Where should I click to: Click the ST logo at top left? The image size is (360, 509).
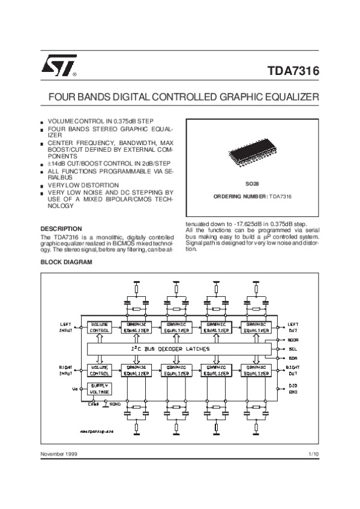click(58, 67)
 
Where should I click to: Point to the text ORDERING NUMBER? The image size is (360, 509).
click(240, 197)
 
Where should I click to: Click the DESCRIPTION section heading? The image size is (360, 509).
click(61, 228)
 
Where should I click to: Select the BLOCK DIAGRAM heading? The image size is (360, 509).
click(66, 263)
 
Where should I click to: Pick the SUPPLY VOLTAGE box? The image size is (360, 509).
click(99, 388)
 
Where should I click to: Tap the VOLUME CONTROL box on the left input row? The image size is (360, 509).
click(99, 327)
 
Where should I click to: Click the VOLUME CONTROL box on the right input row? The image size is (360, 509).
click(99, 369)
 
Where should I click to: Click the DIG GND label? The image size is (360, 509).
click(293, 388)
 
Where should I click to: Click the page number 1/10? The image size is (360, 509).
click(313, 454)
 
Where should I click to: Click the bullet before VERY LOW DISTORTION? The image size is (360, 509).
click(43, 186)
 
